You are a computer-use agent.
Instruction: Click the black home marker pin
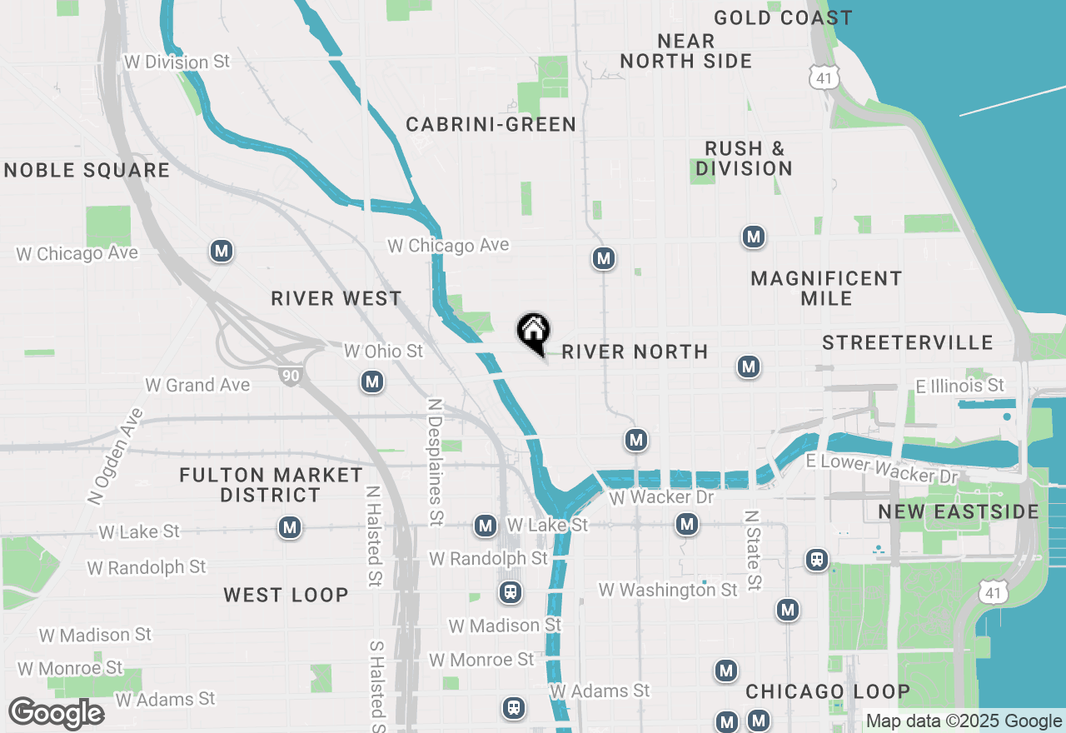(x=533, y=332)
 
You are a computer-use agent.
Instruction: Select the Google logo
(x=56, y=714)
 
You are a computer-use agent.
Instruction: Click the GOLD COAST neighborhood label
(x=783, y=17)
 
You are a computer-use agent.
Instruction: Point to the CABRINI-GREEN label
(x=491, y=125)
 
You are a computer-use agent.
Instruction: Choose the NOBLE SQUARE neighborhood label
(x=87, y=171)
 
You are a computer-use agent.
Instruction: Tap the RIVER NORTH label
(x=635, y=352)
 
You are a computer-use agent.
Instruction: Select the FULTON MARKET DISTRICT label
(x=271, y=485)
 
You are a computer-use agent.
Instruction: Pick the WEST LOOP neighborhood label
(x=286, y=595)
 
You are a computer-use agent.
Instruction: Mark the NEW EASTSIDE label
(x=959, y=511)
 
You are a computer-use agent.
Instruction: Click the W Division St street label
(x=177, y=62)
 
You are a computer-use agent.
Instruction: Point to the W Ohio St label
(x=383, y=352)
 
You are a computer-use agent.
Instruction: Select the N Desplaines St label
(x=435, y=461)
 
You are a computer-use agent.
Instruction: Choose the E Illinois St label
(x=959, y=386)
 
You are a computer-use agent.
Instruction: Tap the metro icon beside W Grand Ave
(x=371, y=382)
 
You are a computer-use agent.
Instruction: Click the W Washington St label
(x=668, y=590)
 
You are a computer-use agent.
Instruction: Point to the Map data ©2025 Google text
(x=964, y=721)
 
